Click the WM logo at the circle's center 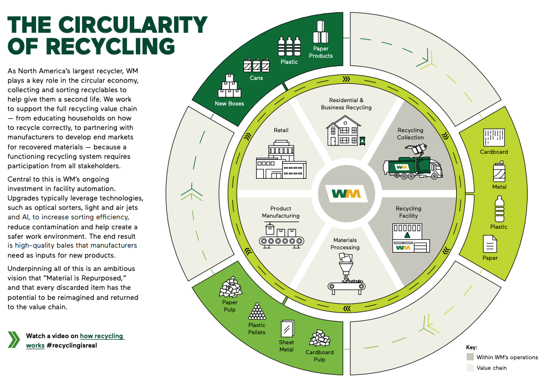click(346, 194)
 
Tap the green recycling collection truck click(412, 162)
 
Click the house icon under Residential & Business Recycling click(346, 131)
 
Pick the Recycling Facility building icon click(411, 238)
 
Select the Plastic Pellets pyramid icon click(257, 311)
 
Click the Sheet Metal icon click(287, 328)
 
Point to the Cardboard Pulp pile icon click(320, 338)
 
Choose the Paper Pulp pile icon click(231, 287)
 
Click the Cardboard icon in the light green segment click(494, 138)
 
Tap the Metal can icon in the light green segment click(499, 172)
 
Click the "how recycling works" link click(75, 340)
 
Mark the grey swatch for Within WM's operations click(470, 357)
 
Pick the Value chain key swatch click(470, 368)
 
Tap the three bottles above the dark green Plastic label click(289, 46)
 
